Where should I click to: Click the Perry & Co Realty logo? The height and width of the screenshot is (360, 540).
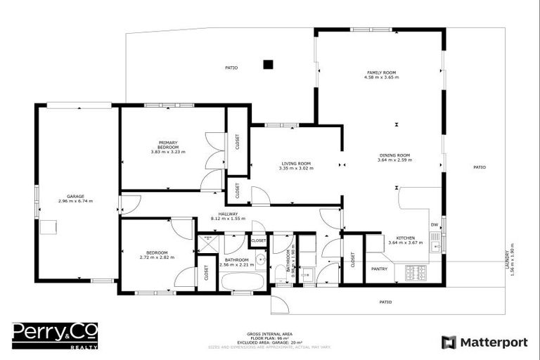[55, 335]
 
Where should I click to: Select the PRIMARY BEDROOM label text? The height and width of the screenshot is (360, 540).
[168, 144]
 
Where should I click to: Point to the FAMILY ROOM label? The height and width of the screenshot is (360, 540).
[381, 73]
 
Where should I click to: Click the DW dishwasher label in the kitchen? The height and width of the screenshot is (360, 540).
[434, 226]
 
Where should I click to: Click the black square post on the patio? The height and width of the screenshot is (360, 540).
[267, 65]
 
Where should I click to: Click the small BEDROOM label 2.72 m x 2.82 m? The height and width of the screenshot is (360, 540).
[157, 252]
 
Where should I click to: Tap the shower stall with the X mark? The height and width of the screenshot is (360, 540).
[208, 243]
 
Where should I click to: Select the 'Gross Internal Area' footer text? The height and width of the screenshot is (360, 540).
[269, 333]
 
